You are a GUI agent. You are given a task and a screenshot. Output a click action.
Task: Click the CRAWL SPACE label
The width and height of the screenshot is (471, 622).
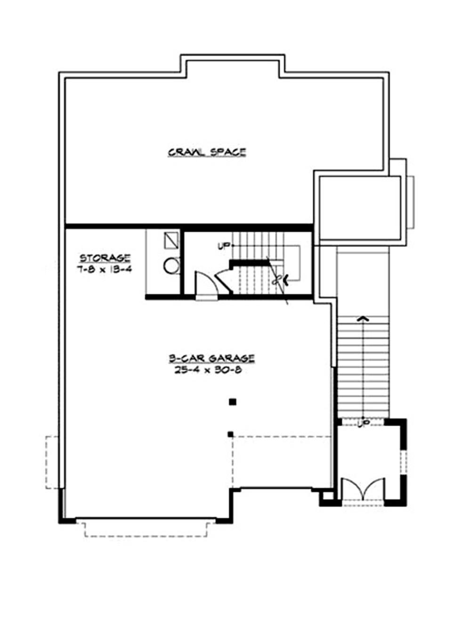[x=207, y=152]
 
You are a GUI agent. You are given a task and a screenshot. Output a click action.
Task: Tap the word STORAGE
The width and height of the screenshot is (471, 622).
[x=105, y=258]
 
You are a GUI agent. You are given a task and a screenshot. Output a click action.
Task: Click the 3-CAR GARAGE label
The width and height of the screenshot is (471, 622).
[x=211, y=359]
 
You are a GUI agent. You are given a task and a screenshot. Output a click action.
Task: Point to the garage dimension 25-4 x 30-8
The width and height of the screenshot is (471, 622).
[x=208, y=370]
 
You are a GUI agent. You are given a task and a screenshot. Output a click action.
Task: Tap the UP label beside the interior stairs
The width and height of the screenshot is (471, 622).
[x=223, y=246]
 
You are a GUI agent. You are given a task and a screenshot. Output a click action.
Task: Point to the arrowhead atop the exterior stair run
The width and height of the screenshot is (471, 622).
[x=362, y=319]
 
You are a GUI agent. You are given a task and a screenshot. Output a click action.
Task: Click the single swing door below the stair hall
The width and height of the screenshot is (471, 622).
[x=206, y=285]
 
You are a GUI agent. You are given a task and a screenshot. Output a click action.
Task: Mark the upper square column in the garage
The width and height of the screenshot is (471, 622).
[x=232, y=402]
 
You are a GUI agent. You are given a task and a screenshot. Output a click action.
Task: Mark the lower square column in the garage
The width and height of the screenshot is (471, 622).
[x=230, y=434]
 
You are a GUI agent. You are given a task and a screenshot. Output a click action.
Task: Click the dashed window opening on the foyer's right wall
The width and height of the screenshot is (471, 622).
[x=403, y=461]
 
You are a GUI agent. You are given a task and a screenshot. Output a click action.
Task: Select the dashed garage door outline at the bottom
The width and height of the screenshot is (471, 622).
[x=146, y=529]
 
